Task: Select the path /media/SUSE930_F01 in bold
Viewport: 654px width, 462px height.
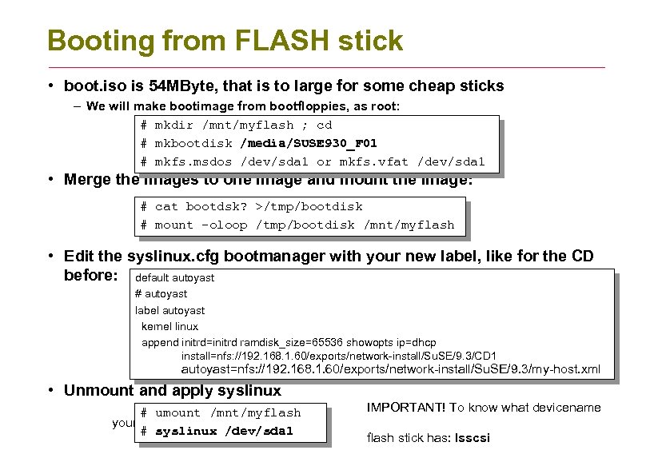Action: click(308, 144)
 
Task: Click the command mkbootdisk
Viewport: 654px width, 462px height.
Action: click(193, 144)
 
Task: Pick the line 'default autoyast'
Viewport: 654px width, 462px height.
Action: click(175, 277)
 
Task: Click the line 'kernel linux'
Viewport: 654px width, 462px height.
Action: click(169, 326)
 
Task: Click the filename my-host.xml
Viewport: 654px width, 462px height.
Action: click(568, 369)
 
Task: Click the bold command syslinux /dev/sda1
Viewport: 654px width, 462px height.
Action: click(224, 431)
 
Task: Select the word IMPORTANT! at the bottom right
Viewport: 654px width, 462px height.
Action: click(405, 408)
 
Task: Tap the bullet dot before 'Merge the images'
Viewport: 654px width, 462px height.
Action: click(50, 179)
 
